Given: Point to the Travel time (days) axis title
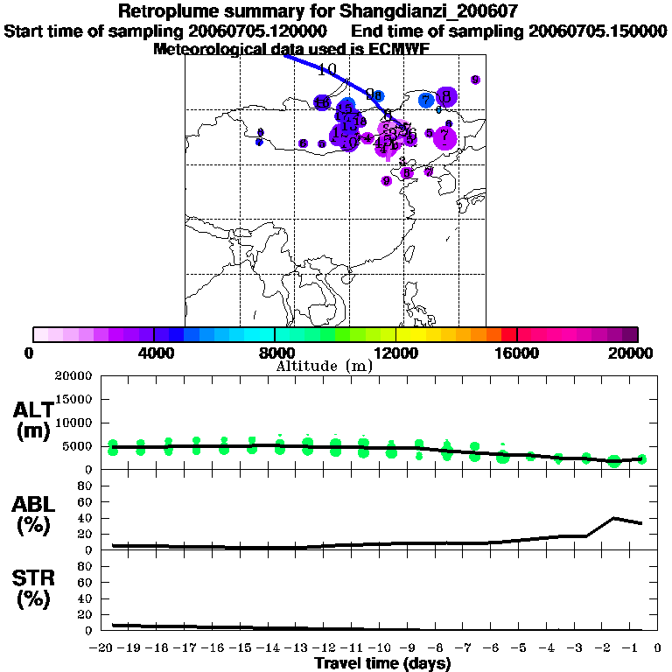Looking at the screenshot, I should point(382,663).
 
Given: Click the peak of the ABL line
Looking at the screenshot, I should point(614,518).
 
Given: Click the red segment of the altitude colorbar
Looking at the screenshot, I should point(508,334).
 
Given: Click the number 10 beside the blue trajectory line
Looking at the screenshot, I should point(327,70).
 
